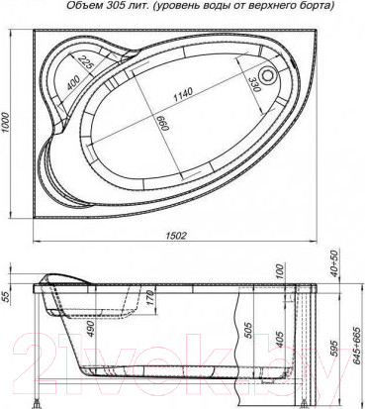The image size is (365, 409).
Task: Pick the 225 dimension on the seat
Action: pyautogui.click(x=86, y=68)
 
